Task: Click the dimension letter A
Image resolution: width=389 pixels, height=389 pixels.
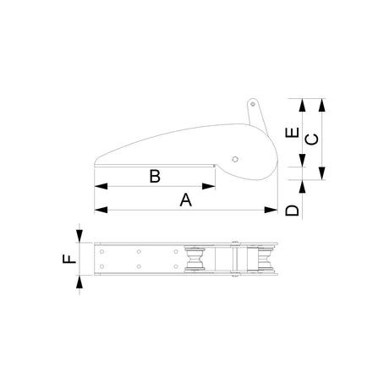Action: pos(186,200)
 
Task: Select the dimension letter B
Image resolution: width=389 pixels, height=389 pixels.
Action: pos(155,176)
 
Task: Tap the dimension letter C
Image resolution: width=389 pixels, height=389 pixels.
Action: pos(310,139)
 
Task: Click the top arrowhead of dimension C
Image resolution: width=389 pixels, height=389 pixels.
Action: pos(321,104)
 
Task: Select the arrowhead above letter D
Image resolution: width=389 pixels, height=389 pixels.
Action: pos(302,186)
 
